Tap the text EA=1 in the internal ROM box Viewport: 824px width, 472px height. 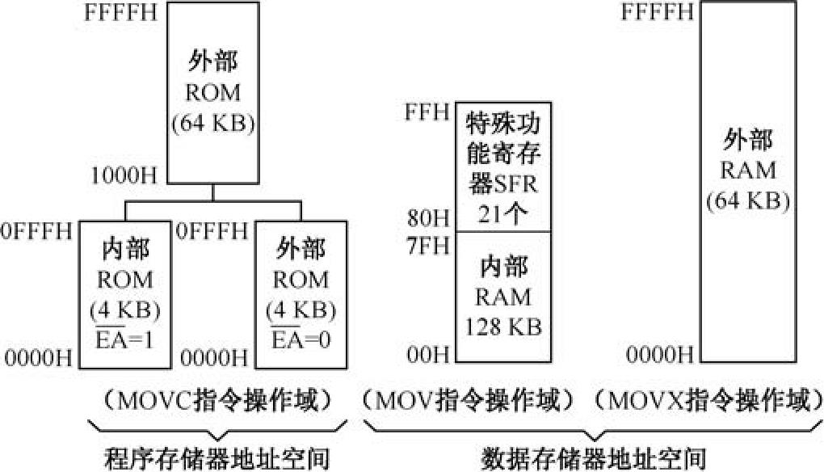(125, 339)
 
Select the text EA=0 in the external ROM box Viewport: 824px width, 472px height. (301, 339)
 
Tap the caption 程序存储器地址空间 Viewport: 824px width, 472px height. (217, 458)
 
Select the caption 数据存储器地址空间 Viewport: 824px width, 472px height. (594, 458)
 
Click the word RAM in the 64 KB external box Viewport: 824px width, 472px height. (748, 171)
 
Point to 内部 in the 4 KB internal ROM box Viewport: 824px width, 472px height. (125, 249)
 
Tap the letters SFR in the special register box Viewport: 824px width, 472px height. (516, 185)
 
